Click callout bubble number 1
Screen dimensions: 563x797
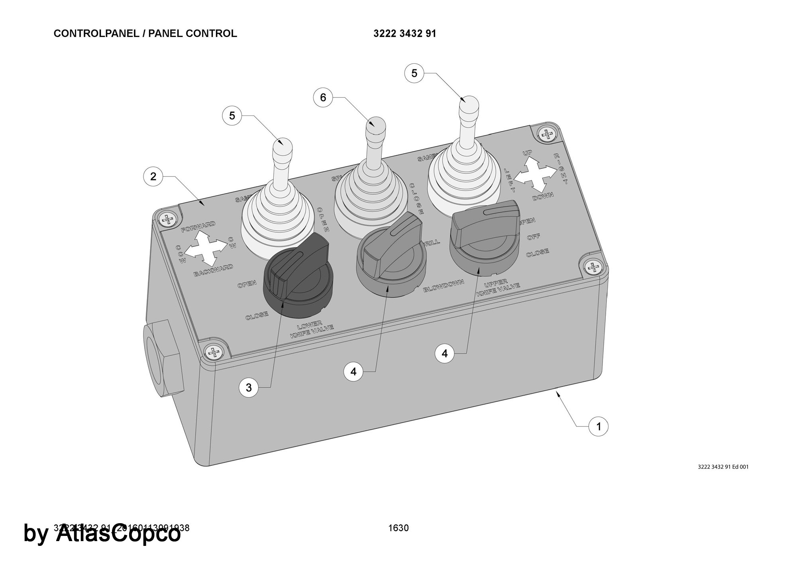point(598,426)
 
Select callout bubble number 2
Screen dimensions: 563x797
point(153,176)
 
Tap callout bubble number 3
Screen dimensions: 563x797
point(249,387)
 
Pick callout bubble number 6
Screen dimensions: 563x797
point(323,98)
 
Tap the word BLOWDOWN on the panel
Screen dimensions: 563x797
point(444,285)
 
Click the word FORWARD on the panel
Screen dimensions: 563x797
point(198,227)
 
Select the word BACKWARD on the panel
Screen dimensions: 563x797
point(213,270)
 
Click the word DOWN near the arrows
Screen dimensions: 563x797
point(543,195)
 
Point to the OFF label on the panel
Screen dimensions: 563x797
point(534,237)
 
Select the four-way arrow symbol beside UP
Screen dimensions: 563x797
point(535,174)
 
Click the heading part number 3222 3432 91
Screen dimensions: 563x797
point(404,34)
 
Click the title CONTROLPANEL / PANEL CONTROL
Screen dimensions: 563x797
point(145,34)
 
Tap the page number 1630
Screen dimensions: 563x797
point(398,528)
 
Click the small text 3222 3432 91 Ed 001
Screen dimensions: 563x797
point(723,467)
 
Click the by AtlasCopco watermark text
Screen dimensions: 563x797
point(102,534)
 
